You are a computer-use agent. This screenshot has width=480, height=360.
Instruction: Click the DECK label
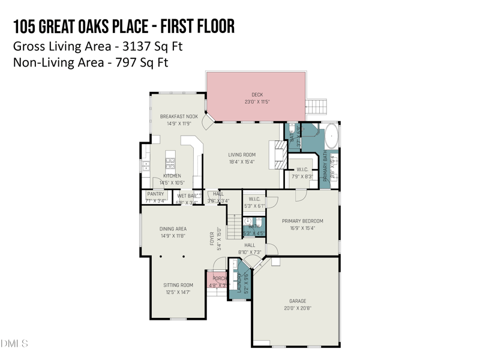(257, 95)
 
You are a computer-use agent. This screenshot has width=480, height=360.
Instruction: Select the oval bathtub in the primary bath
(331, 137)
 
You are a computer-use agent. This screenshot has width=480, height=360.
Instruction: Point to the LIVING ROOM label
(242, 155)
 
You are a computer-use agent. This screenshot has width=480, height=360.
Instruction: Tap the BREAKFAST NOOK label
(179, 116)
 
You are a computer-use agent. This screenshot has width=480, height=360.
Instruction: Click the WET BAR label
(187, 196)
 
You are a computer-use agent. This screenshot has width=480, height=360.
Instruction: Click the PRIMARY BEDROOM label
(302, 221)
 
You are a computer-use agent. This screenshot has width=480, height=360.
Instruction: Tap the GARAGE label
(298, 301)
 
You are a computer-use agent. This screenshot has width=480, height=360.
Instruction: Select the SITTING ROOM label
(178, 285)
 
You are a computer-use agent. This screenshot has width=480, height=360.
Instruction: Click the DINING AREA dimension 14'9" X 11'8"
(173, 236)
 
